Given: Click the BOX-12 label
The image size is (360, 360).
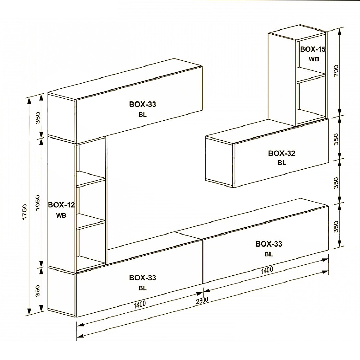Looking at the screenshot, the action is [61, 205].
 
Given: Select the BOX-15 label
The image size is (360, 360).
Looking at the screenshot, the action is [313, 49].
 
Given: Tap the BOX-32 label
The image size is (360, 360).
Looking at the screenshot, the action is [282, 153].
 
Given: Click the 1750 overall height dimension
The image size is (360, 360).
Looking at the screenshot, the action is [25, 212].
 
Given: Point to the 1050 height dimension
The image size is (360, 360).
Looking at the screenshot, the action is [37, 203].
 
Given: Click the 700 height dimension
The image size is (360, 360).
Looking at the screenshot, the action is [336, 71].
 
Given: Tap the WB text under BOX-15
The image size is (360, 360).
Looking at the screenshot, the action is [314, 59].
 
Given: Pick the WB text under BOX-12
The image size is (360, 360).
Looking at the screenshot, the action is [61, 215].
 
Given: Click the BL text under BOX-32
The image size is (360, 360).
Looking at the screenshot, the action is [282, 163].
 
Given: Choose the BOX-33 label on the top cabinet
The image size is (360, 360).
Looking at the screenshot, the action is [143, 104].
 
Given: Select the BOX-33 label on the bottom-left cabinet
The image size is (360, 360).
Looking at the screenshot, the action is [143, 278].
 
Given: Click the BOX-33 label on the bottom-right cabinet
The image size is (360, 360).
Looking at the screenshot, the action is [269, 244].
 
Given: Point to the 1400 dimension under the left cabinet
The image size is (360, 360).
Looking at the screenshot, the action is [140, 304].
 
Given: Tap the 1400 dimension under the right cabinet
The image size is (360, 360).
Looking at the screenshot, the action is [267, 270].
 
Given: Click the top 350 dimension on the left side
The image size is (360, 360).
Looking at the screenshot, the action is [38, 118].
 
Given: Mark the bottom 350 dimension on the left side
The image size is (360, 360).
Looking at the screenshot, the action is [38, 291].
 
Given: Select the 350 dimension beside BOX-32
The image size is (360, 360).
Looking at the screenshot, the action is [336, 139].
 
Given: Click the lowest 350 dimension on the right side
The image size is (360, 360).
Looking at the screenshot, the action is [336, 227].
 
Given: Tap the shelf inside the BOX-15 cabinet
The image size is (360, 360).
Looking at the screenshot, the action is [311, 75].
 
